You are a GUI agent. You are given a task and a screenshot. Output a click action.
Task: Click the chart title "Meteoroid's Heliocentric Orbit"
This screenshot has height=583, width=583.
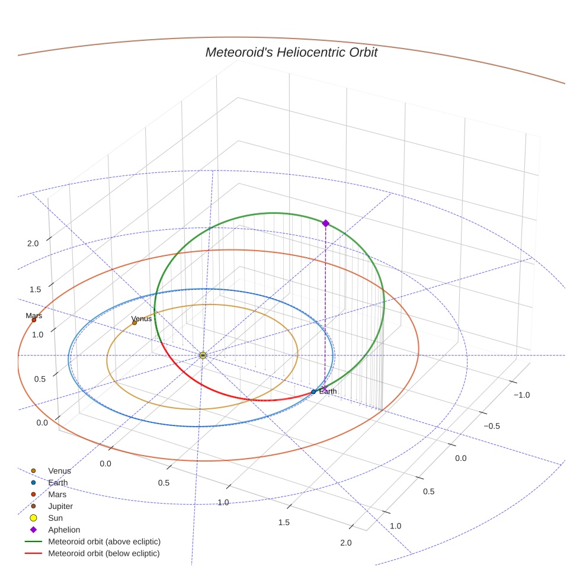[291, 52]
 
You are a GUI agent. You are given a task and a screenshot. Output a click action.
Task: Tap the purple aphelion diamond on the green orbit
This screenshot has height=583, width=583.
[325, 223]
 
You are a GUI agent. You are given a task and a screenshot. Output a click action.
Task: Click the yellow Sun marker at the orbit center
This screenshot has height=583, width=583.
[203, 355]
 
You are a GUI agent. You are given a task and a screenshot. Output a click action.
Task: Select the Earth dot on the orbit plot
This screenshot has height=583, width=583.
[313, 392]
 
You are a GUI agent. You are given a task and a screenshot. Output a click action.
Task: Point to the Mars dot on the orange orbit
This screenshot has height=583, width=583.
[34, 320]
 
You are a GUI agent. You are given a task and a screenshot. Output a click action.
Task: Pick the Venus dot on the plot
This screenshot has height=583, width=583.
[134, 322]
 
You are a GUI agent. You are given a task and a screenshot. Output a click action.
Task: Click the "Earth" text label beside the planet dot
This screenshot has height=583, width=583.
[328, 391]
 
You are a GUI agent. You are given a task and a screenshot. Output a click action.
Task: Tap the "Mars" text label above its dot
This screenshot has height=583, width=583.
[34, 316]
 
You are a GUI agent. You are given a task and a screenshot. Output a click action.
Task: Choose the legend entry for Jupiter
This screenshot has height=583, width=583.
[60, 506]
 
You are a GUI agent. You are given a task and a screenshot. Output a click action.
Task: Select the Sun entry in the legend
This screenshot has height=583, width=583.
[56, 518]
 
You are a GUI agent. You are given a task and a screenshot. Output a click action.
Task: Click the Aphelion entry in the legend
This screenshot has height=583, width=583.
[64, 530]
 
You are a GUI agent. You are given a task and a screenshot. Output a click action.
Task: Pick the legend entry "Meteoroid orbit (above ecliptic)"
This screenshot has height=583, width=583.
[104, 542]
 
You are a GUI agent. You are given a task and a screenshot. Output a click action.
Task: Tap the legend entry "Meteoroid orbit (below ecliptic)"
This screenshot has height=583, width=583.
[104, 553]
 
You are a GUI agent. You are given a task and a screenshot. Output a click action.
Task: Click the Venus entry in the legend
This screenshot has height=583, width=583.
[59, 471]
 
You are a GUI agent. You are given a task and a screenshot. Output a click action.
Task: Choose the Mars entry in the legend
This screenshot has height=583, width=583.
[57, 494]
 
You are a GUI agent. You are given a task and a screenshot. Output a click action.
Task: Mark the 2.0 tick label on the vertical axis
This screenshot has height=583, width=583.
[33, 243]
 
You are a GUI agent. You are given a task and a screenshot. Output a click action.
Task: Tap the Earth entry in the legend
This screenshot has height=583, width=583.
[58, 483]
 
